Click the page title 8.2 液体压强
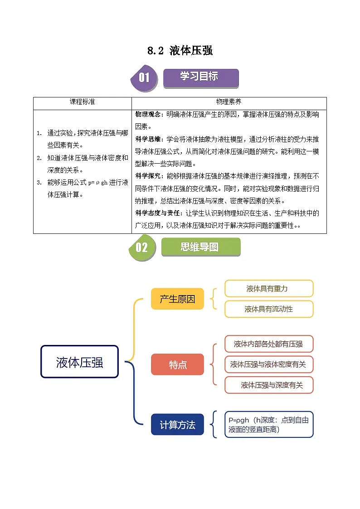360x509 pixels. click(180, 51)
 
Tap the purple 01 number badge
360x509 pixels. click(144, 78)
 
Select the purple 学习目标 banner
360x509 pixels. click(200, 77)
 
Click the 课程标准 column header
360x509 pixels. click(82, 102)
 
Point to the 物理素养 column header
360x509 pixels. click(229, 102)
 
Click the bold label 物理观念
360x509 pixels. click(147, 115)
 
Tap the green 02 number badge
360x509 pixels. click(142, 247)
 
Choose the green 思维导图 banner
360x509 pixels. click(200, 247)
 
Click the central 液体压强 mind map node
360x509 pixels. click(80, 362)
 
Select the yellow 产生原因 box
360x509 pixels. click(177, 299)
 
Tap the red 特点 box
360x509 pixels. click(177, 364)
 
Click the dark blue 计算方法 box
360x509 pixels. click(177, 425)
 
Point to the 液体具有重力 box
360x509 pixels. click(269, 288)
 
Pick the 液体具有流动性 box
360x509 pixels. click(269, 309)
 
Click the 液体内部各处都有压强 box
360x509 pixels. click(268, 344)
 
